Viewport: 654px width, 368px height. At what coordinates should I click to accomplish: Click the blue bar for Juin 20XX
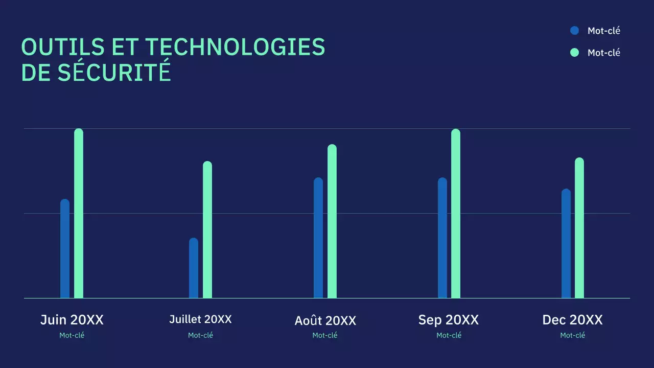pos(65,248)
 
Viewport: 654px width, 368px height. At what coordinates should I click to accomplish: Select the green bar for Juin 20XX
pos(79,213)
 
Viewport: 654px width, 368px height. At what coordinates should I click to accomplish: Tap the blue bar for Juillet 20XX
pos(194,268)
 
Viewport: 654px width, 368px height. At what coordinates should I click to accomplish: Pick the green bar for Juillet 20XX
pos(207,229)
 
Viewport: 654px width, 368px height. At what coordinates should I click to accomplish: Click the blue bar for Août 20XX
pos(318,238)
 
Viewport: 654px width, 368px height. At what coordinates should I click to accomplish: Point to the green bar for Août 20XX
pos(332,221)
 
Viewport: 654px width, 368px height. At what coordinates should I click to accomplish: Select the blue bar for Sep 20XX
pos(442,238)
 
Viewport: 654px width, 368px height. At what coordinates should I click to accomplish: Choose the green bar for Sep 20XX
pos(456,213)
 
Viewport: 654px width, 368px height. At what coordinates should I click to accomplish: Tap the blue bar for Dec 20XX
pos(566,243)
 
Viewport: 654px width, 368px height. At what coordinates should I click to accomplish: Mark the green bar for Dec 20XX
pos(579,228)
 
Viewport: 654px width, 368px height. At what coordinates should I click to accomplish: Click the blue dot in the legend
pos(574,31)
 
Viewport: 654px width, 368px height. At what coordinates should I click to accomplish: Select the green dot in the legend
pos(574,52)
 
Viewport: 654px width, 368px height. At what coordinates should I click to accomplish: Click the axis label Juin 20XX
pos(72,320)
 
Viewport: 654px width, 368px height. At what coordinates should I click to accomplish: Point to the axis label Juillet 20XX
pos(200,319)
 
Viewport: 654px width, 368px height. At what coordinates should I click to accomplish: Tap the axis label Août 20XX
pos(325,320)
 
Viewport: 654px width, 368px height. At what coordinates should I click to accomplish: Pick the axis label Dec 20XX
pos(572,320)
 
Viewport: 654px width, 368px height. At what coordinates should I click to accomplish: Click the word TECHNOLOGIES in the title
pos(236,47)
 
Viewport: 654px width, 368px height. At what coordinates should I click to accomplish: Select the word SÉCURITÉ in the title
pos(114,73)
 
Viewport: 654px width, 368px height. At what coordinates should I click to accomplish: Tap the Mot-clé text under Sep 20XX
pos(449,335)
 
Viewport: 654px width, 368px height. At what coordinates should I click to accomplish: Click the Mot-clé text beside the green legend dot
pos(604,53)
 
